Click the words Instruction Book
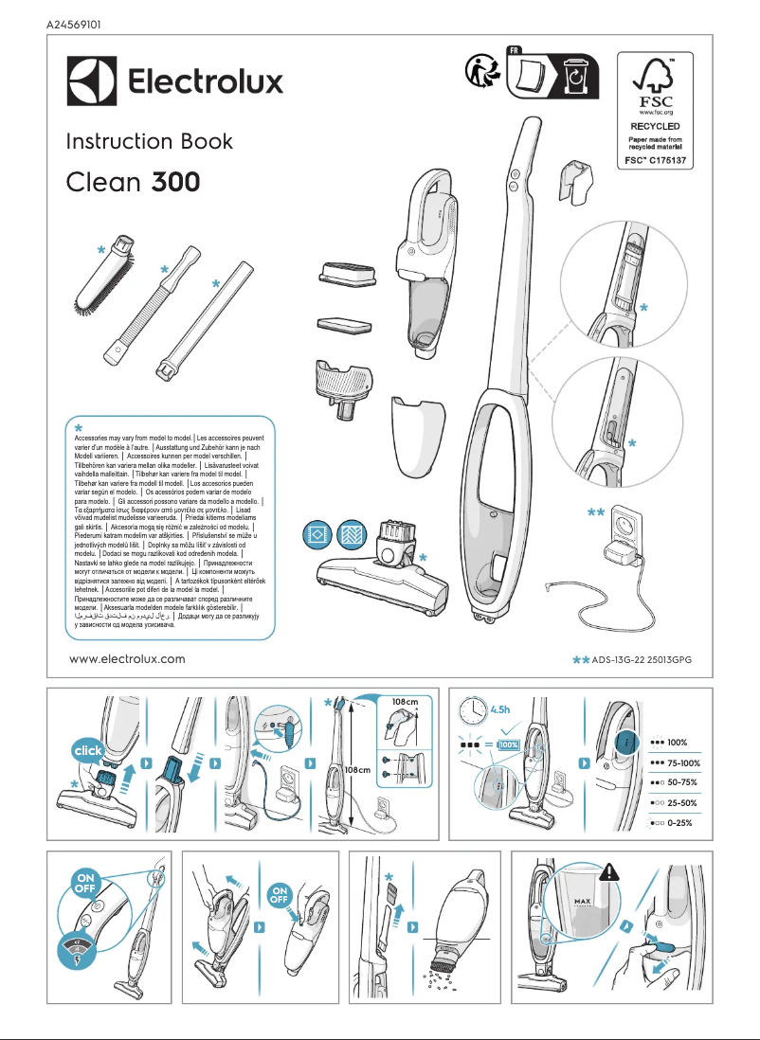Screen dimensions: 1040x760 pyautogui.click(x=149, y=142)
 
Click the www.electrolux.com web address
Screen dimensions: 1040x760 pyautogui.click(x=128, y=659)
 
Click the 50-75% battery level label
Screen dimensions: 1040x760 pyautogui.click(x=681, y=782)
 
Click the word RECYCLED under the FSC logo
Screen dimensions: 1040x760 pyautogui.click(x=656, y=125)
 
